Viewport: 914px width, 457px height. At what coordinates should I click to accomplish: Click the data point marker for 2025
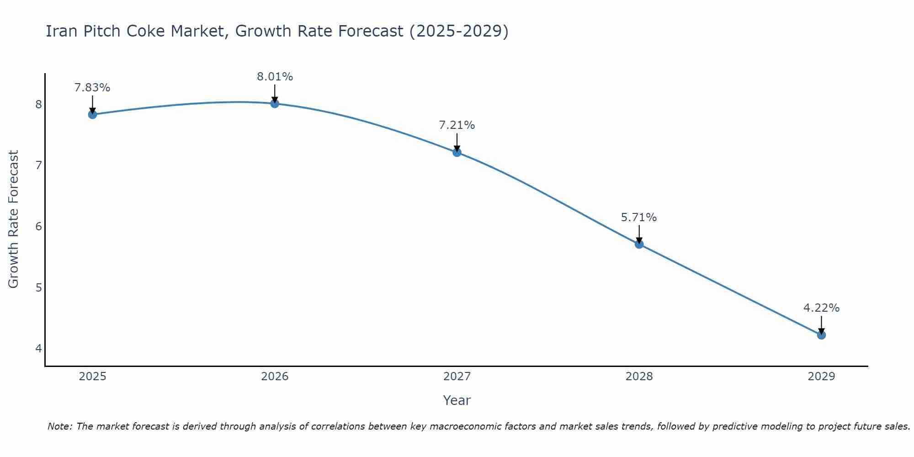[92, 114]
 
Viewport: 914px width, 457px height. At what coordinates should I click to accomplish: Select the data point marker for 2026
[275, 104]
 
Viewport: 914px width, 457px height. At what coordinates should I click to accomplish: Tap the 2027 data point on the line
[457, 152]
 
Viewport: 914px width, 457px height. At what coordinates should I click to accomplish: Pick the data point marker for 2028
[639, 244]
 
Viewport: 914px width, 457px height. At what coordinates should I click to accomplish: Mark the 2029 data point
[821, 335]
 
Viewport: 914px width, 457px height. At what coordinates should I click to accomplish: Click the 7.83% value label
[92, 88]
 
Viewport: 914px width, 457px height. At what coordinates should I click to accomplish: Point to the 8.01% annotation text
[275, 77]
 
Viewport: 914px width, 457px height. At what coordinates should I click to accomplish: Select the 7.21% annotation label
[457, 125]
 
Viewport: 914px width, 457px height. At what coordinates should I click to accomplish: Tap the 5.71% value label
[639, 218]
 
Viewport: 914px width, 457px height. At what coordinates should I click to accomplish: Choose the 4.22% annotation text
[821, 308]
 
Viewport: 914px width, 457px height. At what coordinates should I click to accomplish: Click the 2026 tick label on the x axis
[275, 377]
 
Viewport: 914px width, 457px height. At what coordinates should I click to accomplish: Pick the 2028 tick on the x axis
[639, 377]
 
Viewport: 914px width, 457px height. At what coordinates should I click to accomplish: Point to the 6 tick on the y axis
[38, 227]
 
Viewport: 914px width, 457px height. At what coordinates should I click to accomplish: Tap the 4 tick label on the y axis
[38, 349]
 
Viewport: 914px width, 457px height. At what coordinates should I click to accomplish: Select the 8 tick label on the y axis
[38, 105]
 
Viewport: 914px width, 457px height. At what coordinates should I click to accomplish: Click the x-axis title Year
[457, 400]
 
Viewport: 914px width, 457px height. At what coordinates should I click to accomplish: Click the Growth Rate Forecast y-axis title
[14, 219]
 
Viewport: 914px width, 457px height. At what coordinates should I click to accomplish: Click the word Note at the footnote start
[59, 426]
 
